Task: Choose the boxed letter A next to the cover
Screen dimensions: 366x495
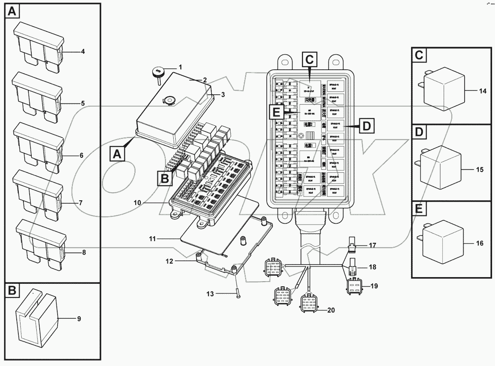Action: [x=117, y=154]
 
